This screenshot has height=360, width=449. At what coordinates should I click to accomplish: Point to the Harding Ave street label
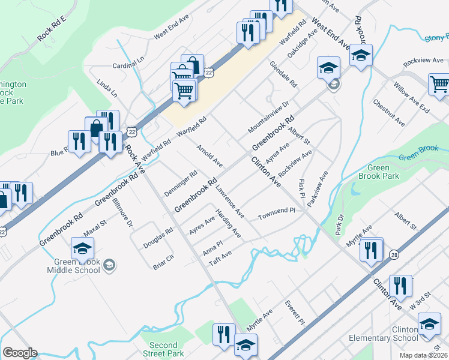229,223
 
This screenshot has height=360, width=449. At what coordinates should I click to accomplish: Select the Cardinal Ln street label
128,63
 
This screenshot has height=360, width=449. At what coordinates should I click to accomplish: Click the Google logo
20,353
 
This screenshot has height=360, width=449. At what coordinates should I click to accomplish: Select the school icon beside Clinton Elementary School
429,324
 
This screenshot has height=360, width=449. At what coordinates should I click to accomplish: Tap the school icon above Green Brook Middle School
82,248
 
